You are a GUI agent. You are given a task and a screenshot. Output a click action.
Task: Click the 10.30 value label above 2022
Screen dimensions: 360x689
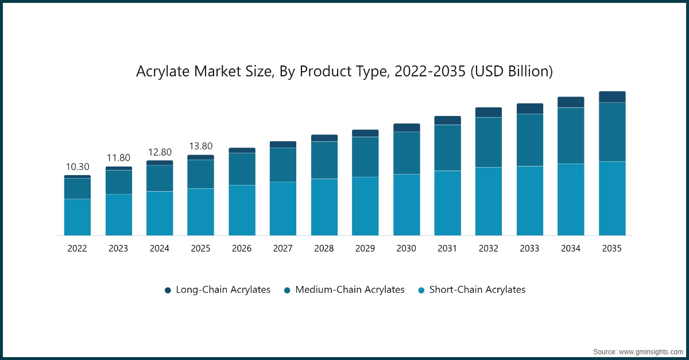click(78, 167)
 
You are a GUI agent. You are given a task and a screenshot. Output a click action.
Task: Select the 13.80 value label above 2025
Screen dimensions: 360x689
click(200, 146)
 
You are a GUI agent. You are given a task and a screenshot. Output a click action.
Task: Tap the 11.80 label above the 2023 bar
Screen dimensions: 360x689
click(118, 158)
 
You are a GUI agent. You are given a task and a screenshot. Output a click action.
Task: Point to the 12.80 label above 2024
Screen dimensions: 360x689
click(160, 152)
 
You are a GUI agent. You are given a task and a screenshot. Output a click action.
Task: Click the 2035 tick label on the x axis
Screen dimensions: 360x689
click(612, 248)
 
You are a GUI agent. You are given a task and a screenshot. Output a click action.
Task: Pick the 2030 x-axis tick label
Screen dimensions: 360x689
click(407, 248)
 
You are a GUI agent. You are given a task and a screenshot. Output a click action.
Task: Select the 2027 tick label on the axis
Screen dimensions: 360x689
click(283, 248)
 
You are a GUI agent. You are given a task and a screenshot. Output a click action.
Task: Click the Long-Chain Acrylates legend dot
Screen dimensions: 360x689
click(168, 291)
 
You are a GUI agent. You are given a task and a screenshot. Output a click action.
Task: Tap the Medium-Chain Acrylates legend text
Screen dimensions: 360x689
click(350, 290)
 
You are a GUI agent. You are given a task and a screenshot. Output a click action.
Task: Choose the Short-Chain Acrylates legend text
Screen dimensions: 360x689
click(477, 290)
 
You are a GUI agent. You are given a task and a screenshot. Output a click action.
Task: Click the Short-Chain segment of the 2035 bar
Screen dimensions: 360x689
click(612, 198)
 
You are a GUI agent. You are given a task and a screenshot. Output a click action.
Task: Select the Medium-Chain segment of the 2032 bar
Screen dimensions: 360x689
click(489, 142)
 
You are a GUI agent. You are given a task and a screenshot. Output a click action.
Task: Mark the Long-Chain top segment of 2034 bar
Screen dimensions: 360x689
click(571, 102)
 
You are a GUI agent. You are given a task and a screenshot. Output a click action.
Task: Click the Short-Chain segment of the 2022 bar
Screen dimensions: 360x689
click(78, 217)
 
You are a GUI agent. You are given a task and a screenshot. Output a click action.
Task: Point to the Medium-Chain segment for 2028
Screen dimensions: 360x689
click(324, 160)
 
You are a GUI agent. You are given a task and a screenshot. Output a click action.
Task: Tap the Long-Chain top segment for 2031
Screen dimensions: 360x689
click(447, 121)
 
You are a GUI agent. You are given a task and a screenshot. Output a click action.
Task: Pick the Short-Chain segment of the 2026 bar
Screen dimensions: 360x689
click(242, 210)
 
